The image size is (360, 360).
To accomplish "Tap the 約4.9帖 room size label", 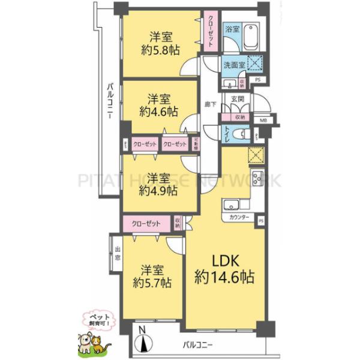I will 158,191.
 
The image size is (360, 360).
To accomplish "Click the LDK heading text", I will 224,261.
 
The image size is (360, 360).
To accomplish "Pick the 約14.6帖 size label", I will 224,278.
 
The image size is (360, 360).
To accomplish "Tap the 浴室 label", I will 232,29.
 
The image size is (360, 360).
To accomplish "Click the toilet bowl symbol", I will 239,134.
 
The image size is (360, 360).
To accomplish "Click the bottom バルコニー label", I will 198,346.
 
